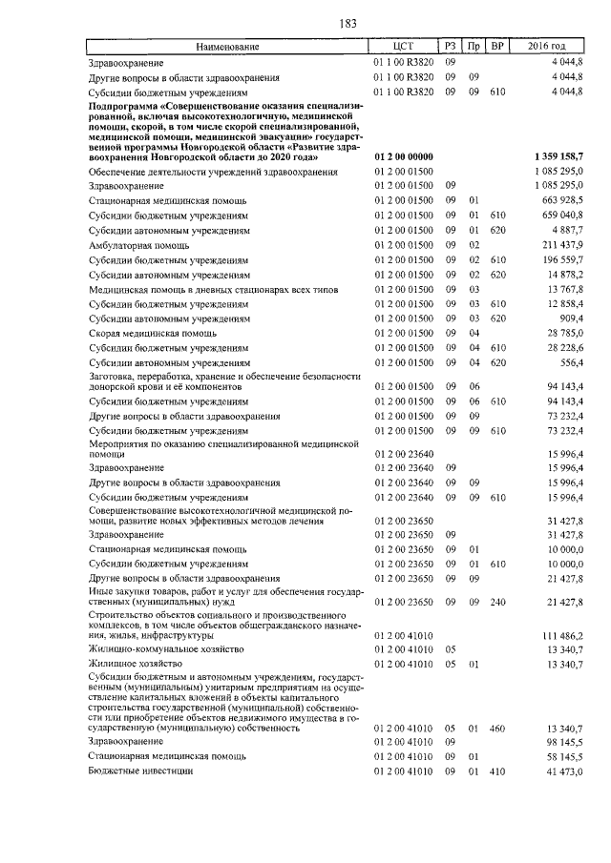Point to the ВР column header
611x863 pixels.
(496, 46)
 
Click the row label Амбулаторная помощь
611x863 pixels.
(140, 245)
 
